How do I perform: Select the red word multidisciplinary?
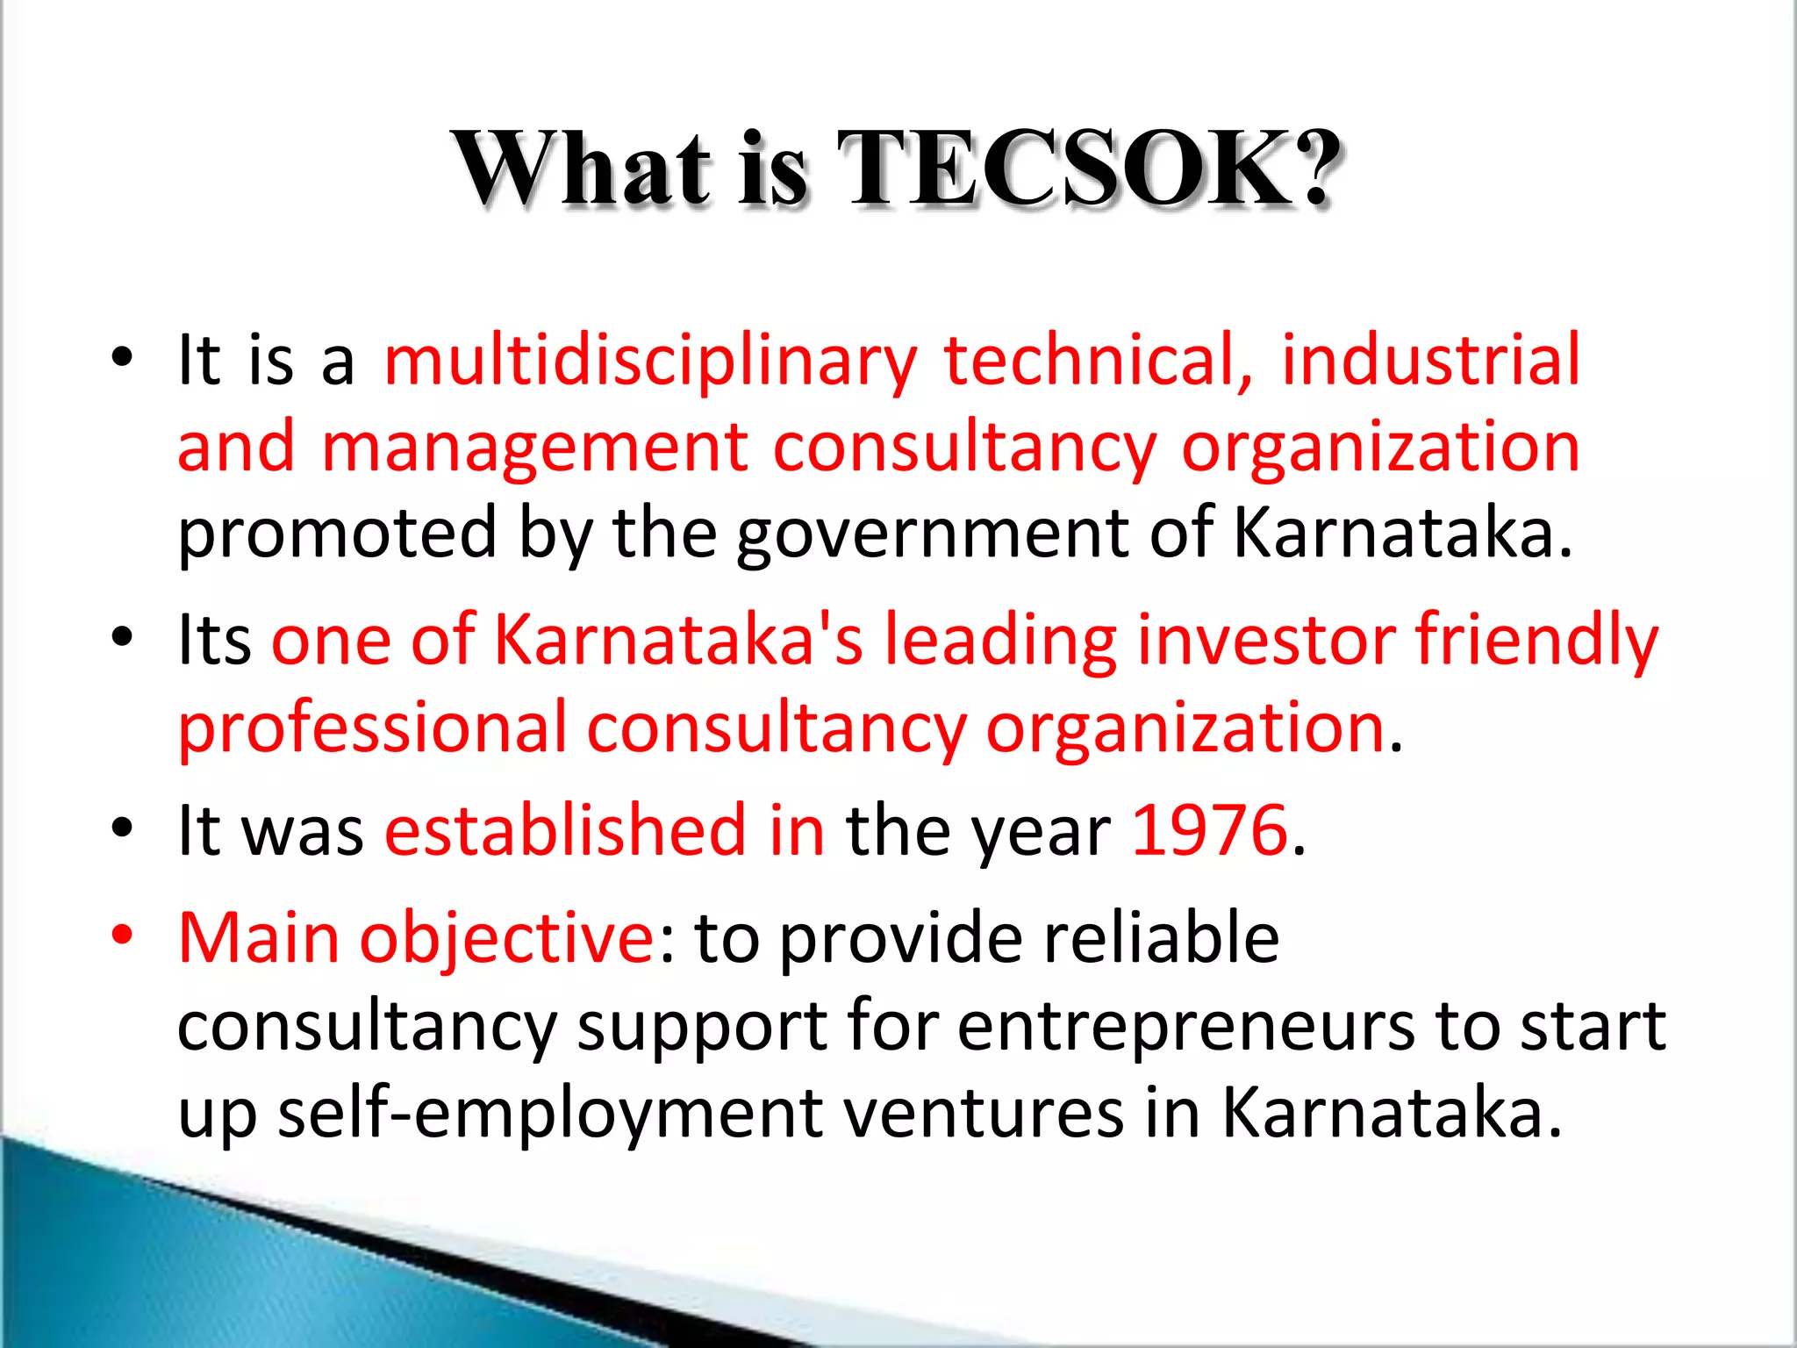(x=650, y=362)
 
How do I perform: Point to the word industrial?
(x=1430, y=360)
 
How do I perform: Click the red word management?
(x=535, y=448)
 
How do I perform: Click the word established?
(x=565, y=829)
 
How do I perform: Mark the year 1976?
(x=1209, y=829)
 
